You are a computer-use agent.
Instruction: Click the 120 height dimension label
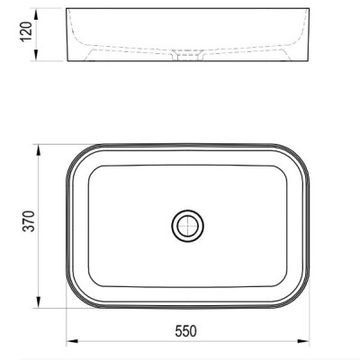pyautogui.click(x=26, y=32)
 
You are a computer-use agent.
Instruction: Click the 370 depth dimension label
pyautogui.click(x=29, y=221)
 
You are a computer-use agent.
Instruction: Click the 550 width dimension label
pyautogui.click(x=185, y=331)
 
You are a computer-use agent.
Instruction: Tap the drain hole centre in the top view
pyautogui.click(x=188, y=226)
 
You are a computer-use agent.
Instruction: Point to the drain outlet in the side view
pyautogui.click(x=188, y=56)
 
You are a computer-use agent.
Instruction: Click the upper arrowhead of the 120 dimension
pyautogui.click(x=36, y=14)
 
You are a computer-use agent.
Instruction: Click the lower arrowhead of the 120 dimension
pyautogui.click(x=36, y=55)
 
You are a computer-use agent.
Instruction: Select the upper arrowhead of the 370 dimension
pyautogui.click(x=38, y=150)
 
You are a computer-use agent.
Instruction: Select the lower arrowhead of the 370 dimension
pyautogui.click(x=38, y=301)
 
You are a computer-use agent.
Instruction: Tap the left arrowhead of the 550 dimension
pyautogui.click(x=72, y=341)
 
